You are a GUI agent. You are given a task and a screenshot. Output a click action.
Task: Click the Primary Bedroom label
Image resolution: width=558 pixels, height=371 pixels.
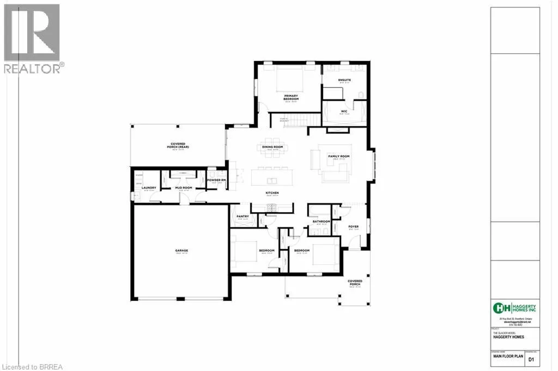click(290, 96)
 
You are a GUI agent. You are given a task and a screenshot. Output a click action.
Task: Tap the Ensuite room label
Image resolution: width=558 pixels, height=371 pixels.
click(344, 81)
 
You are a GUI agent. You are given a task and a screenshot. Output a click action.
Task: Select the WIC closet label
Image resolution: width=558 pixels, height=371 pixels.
click(344, 112)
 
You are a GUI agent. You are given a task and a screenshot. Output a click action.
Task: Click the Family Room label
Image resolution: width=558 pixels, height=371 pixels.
click(338, 156)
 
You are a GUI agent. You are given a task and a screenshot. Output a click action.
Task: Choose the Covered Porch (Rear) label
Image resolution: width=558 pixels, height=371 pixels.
click(177, 145)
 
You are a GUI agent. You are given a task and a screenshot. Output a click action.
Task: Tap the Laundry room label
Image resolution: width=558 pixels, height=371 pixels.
click(150, 188)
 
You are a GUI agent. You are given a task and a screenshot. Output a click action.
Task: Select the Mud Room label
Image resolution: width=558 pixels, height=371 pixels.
click(183, 188)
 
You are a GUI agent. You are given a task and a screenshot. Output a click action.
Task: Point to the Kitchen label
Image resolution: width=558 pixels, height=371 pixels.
click(272, 193)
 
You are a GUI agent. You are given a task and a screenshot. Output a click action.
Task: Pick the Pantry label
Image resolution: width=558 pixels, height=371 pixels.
click(242, 217)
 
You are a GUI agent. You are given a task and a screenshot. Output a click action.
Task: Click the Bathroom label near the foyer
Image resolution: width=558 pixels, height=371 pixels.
click(321, 221)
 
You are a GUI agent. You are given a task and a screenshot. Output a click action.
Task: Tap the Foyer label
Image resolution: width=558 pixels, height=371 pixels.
click(353, 227)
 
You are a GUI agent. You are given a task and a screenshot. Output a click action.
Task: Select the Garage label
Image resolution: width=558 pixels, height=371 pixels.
click(181, 251)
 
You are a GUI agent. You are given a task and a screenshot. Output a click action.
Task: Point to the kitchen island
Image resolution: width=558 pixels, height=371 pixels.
click(272, 180)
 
